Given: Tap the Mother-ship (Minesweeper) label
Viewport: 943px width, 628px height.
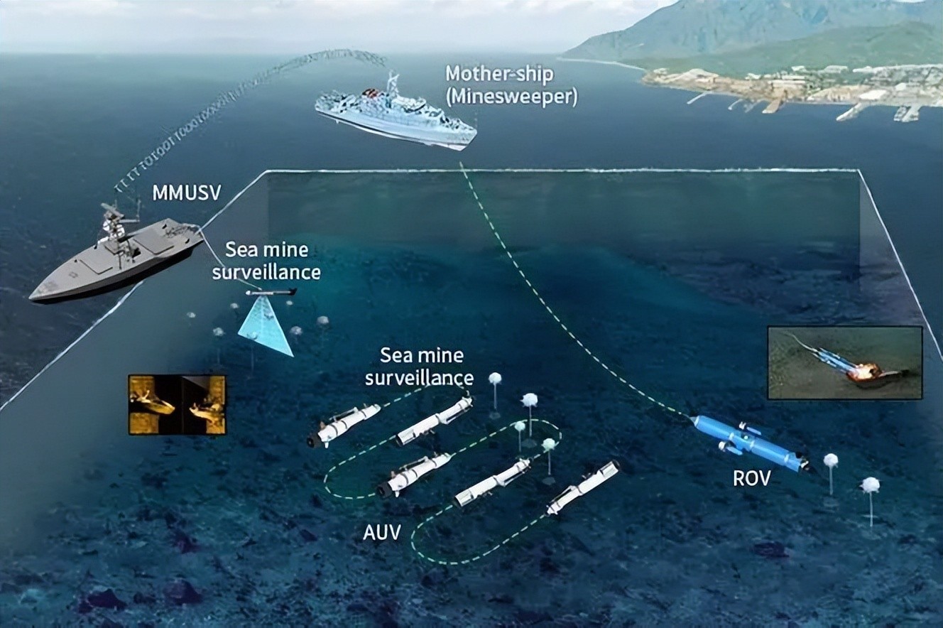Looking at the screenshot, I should pos(511,85).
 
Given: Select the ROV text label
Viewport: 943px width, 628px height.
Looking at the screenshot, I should pos(751,478).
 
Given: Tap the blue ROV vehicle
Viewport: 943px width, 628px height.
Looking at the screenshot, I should pos(748,442).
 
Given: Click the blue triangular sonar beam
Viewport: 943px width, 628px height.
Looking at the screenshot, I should pos(266,326).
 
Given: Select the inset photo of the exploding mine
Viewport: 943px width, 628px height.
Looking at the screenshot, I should pos(844,362).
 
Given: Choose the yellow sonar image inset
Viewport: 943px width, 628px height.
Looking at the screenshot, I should pos(177,404).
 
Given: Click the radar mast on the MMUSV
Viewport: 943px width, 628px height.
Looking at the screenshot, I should pos(112,217).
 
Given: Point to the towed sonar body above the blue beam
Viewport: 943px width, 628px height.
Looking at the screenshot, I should pos(271,292).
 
